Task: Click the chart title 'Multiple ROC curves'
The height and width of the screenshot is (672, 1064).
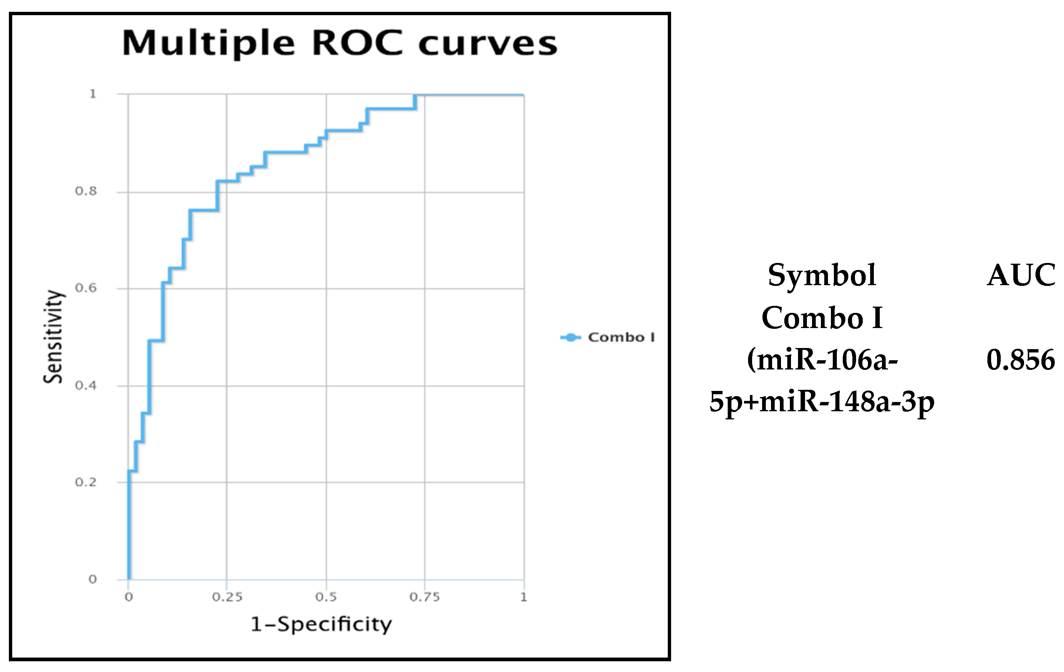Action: click(339, 43)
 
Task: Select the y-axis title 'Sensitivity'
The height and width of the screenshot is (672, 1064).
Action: click(53, 337)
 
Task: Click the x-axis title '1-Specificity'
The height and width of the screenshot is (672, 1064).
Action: click(321, 624)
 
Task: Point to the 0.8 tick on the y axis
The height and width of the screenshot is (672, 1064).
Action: click(86, 191)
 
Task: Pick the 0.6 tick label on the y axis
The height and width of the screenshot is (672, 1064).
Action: click(86, 288)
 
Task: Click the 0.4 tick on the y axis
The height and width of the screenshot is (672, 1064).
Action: click(86, 385)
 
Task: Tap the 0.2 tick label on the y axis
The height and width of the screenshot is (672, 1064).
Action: click(86, 482)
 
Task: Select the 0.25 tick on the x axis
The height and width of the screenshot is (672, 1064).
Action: click(227, 597)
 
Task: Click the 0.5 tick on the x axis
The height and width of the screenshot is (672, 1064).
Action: click(326, 597)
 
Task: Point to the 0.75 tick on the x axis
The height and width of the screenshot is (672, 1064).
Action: click(425, 597)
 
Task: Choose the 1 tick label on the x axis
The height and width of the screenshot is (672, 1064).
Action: click(523, 597)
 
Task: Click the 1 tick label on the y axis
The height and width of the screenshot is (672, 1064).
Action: click(93, 94)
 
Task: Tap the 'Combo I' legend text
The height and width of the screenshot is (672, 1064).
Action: click(621, 338)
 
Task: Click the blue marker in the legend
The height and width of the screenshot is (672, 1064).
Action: click(570, 338)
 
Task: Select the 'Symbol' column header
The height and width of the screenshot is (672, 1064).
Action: click(822, 275)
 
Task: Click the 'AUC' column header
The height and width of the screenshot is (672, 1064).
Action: click(1021, 275)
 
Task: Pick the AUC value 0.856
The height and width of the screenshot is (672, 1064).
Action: click(1020, 360)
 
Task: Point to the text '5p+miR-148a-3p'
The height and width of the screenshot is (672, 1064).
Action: click(822, 402)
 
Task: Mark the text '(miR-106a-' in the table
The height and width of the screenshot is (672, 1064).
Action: click(822, 360)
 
